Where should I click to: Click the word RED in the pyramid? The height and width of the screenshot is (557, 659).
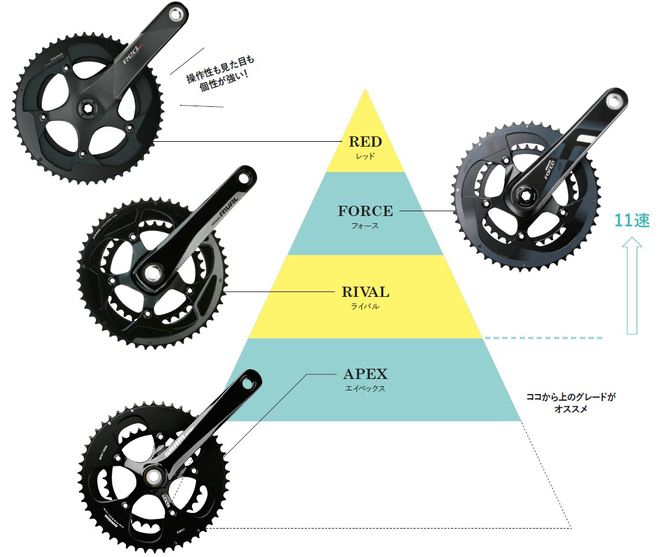pyautogui.click(x=365, y=142)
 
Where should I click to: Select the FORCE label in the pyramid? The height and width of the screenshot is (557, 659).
pyautogui.click(x=365, y=211)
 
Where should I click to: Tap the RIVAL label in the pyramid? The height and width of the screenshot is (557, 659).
pyautogui.click(x=365, y=293)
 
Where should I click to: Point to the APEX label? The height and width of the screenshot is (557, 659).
pyautogui.click(x=365, y=374)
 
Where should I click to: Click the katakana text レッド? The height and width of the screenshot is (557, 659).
pyautogui.click(x=365, y=156)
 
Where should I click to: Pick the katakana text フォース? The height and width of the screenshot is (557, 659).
pyautogui.click(x=365, y=226)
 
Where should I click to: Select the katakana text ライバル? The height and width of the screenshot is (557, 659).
pyautogui.click(x=365, y=307)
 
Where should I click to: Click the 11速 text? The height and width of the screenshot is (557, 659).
pyautogui.click(x=632, y=221)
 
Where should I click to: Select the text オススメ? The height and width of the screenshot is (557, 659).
pyautogui.click(x=570, y=409)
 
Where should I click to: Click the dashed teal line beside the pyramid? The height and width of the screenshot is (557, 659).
pyautogui.click(x=543, y=338)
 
